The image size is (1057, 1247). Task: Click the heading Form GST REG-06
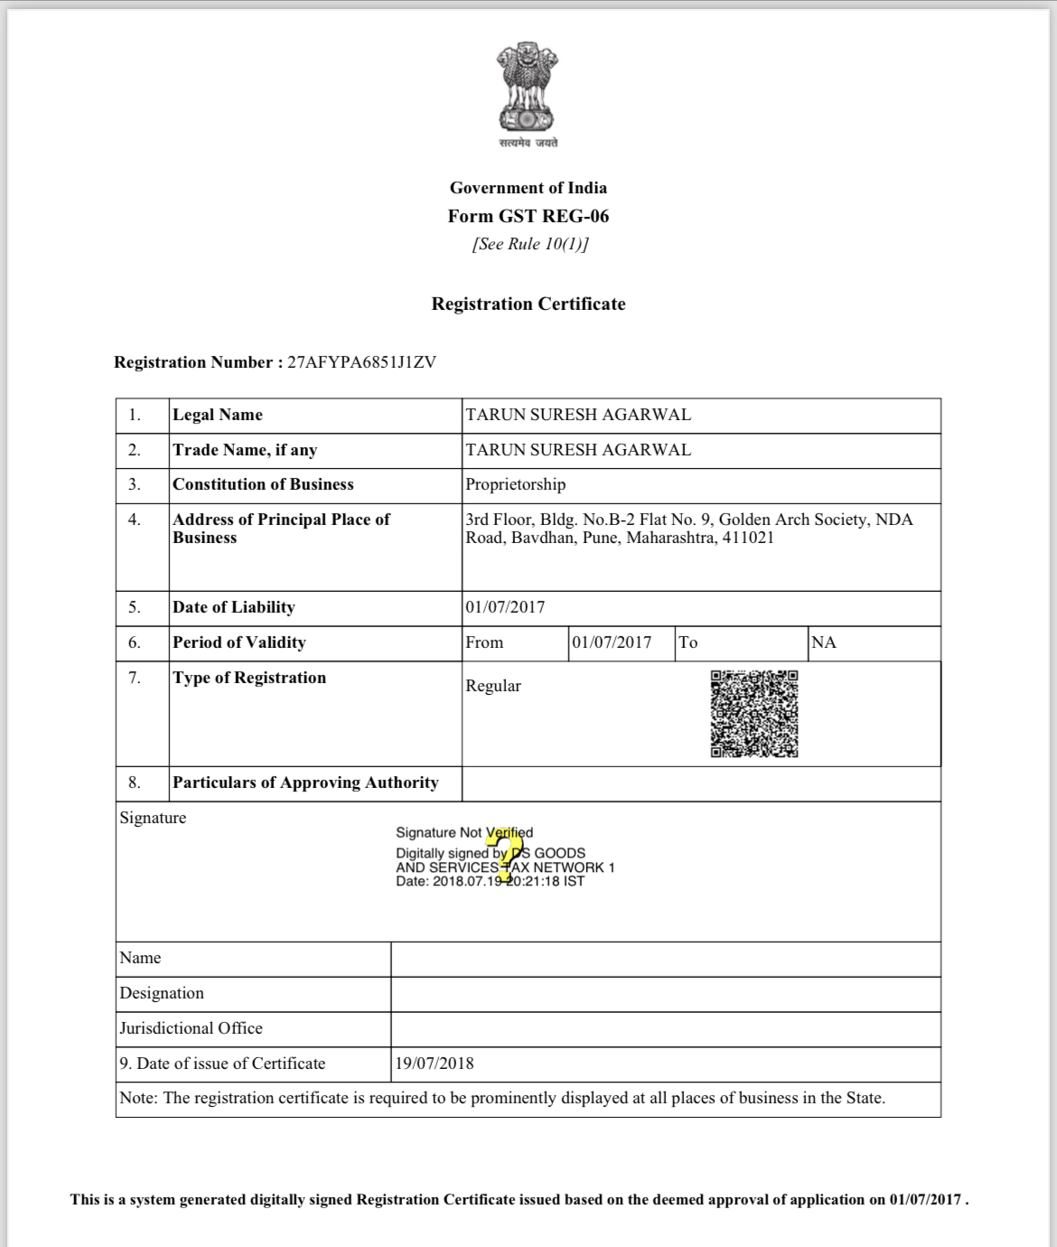point(528,216)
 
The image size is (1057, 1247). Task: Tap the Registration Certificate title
point(528,304)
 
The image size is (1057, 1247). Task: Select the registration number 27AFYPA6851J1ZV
point(361,362)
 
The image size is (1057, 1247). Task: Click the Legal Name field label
point(218,415)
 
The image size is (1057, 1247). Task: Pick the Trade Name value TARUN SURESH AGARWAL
point(578,450)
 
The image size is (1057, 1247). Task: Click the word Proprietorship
point(515,484)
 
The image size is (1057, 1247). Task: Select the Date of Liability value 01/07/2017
point(505,607)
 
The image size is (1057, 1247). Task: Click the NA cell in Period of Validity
point(824,642)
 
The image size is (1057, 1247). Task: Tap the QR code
point(754,714)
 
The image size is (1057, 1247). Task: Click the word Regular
point(493,686)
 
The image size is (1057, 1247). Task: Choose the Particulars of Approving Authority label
point(305,783)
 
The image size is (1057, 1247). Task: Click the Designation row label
point(162,993)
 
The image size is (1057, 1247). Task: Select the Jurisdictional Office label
point(191,1028)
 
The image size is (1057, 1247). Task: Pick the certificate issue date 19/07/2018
point(434,1064)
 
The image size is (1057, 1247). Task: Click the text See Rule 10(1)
point(529,244)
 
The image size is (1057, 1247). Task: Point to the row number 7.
point(135,678)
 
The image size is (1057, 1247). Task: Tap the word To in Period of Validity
point(688,642)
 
